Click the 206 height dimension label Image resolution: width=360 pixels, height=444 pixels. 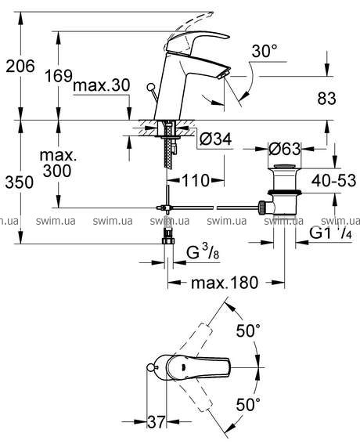click(x=20, y=67)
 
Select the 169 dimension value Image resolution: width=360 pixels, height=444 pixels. click(x=59, y=76)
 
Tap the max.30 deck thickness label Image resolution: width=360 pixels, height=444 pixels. click(x=102, y=85)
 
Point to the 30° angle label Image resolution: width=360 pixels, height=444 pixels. click(x=265, y=51)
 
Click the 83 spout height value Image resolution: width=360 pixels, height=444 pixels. click(x=326, y=99)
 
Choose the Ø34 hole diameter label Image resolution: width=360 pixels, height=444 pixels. click(x=216, y=139)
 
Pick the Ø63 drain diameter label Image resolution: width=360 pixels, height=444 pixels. click(x=284, y=149)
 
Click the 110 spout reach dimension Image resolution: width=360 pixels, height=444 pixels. click(x=196, y=180)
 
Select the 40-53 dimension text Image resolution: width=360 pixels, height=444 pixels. click(x=333, y=180)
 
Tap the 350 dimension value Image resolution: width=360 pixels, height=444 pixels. click(x=20, y=182)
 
